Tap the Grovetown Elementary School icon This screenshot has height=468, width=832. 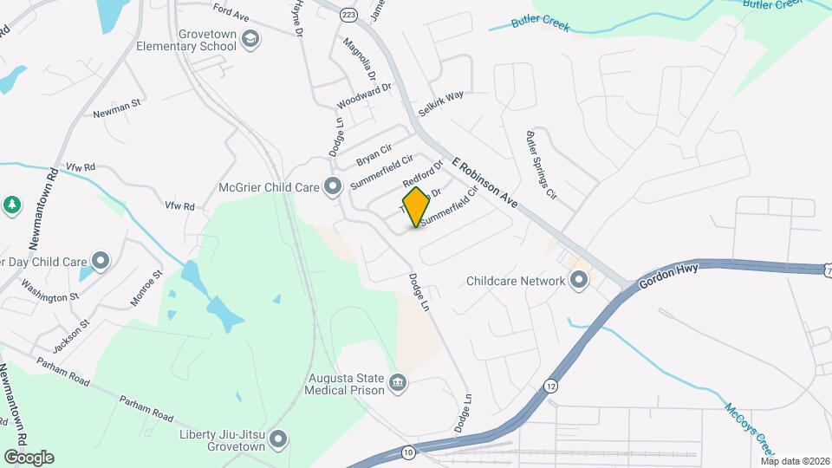[250, 39]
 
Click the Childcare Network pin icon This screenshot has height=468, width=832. [578, 280]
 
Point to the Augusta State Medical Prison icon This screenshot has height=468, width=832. [398, 382]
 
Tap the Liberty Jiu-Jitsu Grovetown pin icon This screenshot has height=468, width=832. [278, 440]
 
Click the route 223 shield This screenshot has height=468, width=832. [348, 15]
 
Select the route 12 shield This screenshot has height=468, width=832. [551, 385]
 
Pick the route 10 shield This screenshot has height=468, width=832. [408, 452]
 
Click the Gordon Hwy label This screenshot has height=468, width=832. [668, 276]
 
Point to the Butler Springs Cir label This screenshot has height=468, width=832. [539, 166]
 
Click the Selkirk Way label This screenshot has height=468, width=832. [440, 104]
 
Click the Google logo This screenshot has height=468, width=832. [29, 457]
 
